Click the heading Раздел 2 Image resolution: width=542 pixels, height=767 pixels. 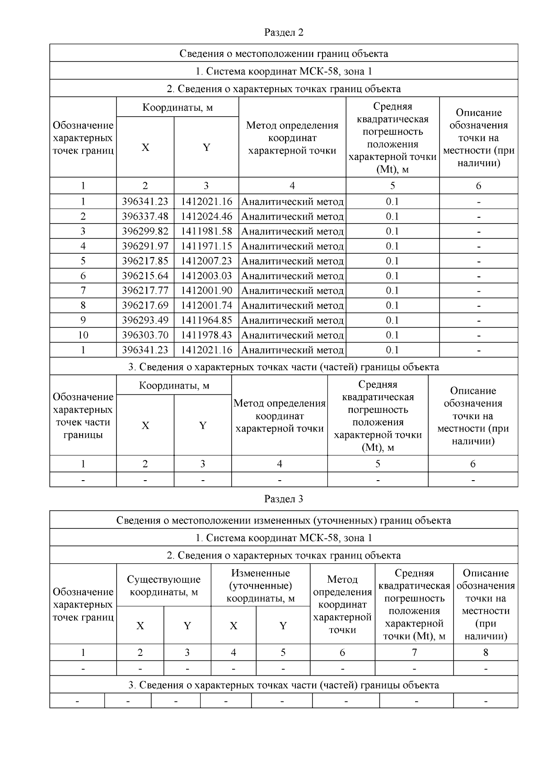pyautogui.click(x=284, y=33)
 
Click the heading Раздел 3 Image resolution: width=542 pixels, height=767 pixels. pyautogui.click(x=284, y=499)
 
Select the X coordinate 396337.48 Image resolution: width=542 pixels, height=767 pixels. pyautogui.click(x=145, y=216)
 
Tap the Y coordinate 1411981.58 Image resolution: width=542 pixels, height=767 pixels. pyautogui.click(x=206, y=231)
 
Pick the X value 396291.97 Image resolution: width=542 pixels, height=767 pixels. pyautogui.click(x=145, y=246)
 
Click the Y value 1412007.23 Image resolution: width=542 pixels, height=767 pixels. pyautogui.click(x=206, y=261)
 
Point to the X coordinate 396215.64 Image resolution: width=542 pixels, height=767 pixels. pyautogui.click(x=145, y=276)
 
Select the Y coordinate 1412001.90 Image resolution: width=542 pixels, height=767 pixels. pyautogui.click(x=206, y=290)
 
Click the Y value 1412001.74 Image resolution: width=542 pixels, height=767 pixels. pyautogui.click(x=206, y=305)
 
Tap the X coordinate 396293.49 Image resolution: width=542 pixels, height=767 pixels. pyautogui.click(x=145, y=320)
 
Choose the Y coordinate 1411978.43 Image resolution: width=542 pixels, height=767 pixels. pyautogui.click(x=206, y=335)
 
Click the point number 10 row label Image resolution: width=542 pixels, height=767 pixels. pyautogui.click(x=83, y=335)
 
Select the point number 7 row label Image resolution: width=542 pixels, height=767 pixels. pyautogui.click(x=83, y=290)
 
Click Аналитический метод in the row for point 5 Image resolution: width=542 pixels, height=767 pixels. pyautogui.click(x=292, y=261)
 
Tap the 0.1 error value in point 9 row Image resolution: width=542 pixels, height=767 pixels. pyautogui.click(x=392, y=320)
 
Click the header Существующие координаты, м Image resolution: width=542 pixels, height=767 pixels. pyautogui.click(x=164, y=585)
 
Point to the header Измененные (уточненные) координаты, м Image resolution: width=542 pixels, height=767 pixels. pyautogui.click(x=260, y=585)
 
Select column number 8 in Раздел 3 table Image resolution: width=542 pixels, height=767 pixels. pyautogui.click(x=486, y=652)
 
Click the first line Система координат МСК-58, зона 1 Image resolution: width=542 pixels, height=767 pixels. pyautogui.click(x=284, y=71)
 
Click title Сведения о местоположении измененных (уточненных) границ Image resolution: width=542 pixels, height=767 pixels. pyautogui.click(x=284, y=520)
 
